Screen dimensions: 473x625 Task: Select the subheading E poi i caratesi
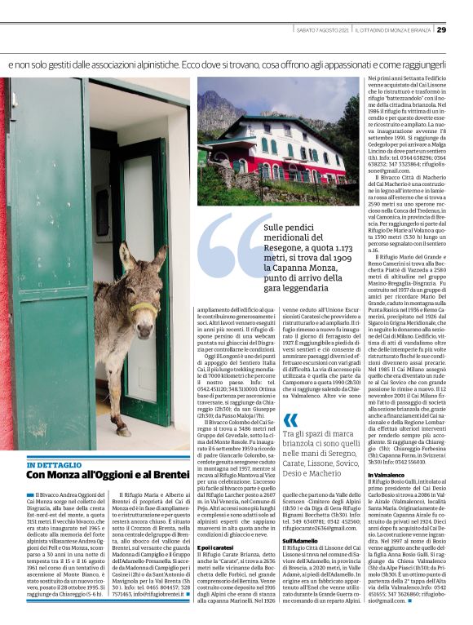tap(216, 546)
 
